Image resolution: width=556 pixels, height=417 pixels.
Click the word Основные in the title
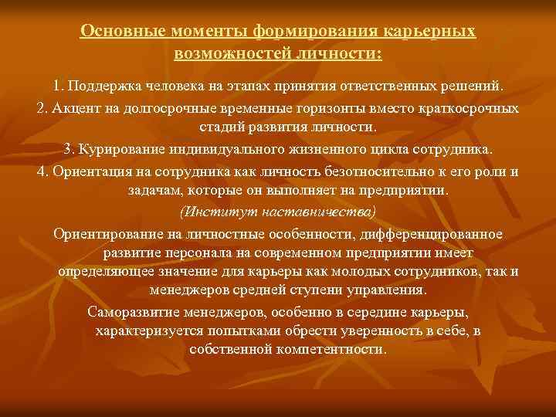[117, 33]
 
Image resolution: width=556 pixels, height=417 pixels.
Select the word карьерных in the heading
[432, 33]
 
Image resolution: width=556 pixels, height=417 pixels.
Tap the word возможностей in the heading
[226, 54]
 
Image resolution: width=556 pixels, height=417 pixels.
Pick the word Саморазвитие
[137, 313]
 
